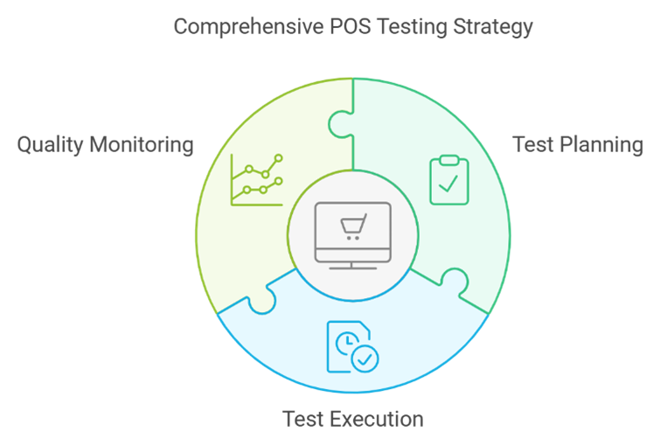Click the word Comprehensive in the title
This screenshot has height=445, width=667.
(249, 27)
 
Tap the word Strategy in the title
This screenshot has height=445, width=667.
(492, 27)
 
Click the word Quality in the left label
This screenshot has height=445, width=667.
(50, 145)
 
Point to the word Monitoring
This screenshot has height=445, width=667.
(142, 145)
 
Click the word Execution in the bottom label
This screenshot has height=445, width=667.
(377, 419)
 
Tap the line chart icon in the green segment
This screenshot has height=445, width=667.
(257, 180)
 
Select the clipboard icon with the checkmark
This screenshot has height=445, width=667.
(449, 180)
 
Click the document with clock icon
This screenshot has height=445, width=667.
(352, 347)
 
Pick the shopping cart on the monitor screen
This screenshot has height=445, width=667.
(353, 226)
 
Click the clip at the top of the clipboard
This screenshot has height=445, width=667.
(449, 160)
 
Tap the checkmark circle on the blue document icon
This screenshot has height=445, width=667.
(365, 359)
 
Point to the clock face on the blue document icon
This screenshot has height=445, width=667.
(348, 343)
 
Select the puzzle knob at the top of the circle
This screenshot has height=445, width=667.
(341, 124)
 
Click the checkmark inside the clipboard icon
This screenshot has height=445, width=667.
(448, 184)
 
